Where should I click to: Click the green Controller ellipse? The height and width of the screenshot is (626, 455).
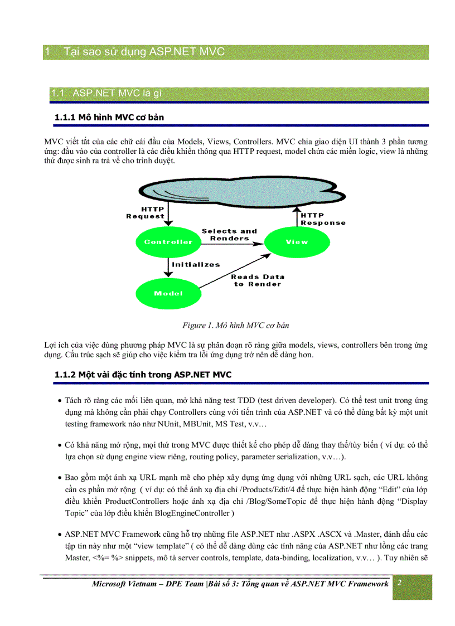168,242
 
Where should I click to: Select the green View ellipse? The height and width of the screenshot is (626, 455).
296,242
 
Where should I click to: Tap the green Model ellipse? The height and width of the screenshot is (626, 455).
168,293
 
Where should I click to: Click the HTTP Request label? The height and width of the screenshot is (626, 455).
146,213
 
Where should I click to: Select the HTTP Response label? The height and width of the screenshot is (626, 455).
323,219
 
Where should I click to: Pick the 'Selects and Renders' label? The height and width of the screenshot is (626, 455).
229,235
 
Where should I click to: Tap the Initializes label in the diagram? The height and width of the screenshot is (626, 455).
196,265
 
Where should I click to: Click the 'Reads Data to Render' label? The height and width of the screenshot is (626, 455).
258,280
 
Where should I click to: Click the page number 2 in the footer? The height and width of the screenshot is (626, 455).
400,583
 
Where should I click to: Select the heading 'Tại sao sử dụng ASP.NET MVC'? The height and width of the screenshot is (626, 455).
144,52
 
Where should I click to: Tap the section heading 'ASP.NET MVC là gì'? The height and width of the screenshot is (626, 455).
117,93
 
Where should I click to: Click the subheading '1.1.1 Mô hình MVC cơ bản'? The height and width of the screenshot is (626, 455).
109,118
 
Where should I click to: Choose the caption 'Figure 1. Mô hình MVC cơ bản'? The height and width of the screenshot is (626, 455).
235,325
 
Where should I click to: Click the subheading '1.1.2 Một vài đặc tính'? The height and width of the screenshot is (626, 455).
143,375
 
